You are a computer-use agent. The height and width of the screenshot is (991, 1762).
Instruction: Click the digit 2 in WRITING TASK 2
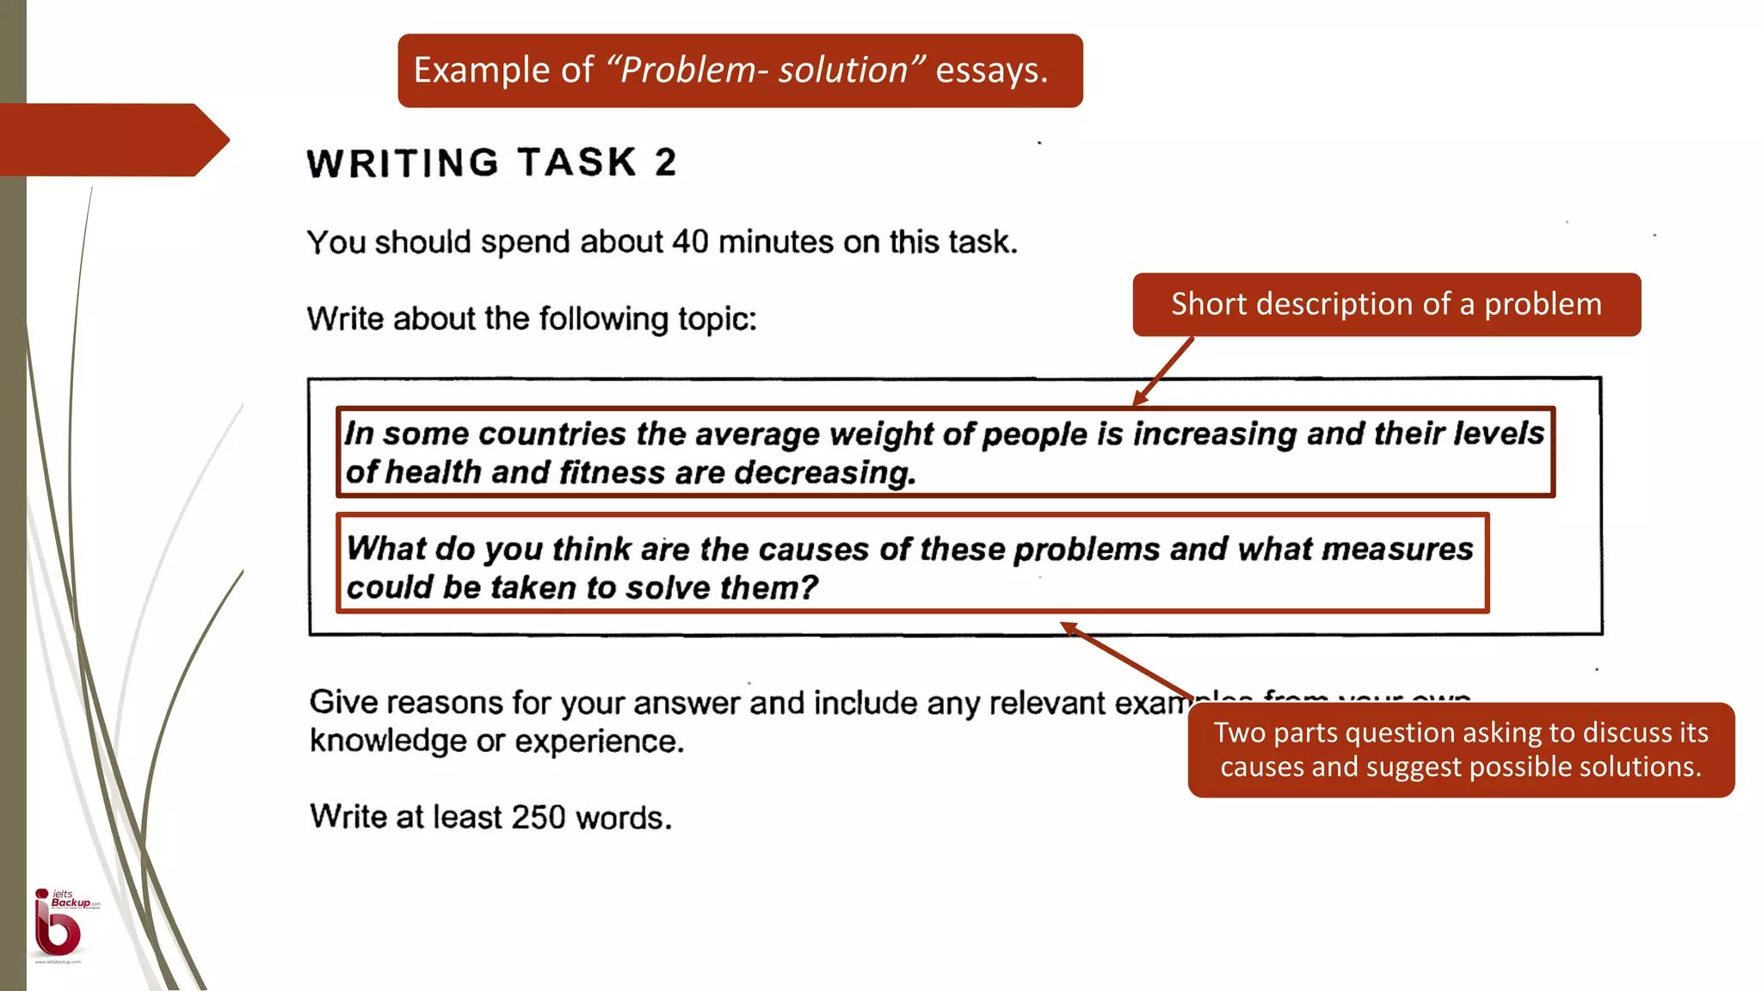[665, 163]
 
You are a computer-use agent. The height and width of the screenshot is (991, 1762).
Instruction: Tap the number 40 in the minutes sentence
[691, 242]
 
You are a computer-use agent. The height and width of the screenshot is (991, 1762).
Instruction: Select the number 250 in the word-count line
[538, 816]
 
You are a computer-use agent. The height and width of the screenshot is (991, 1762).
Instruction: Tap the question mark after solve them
[809, 588]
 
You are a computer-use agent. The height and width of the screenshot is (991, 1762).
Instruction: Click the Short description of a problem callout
[1386, 305]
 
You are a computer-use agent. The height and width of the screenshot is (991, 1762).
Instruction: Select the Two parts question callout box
[1460, 749]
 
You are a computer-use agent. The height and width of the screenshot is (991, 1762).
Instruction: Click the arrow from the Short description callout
[1163, 372]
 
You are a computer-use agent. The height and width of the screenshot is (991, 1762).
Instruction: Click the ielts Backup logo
[61, 926]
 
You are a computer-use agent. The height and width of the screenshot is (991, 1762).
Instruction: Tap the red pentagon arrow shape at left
[112, 139]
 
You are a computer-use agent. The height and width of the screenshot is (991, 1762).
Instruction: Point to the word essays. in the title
[991, 70]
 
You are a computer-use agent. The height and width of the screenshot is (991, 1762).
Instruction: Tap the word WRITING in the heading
[403, 163]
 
